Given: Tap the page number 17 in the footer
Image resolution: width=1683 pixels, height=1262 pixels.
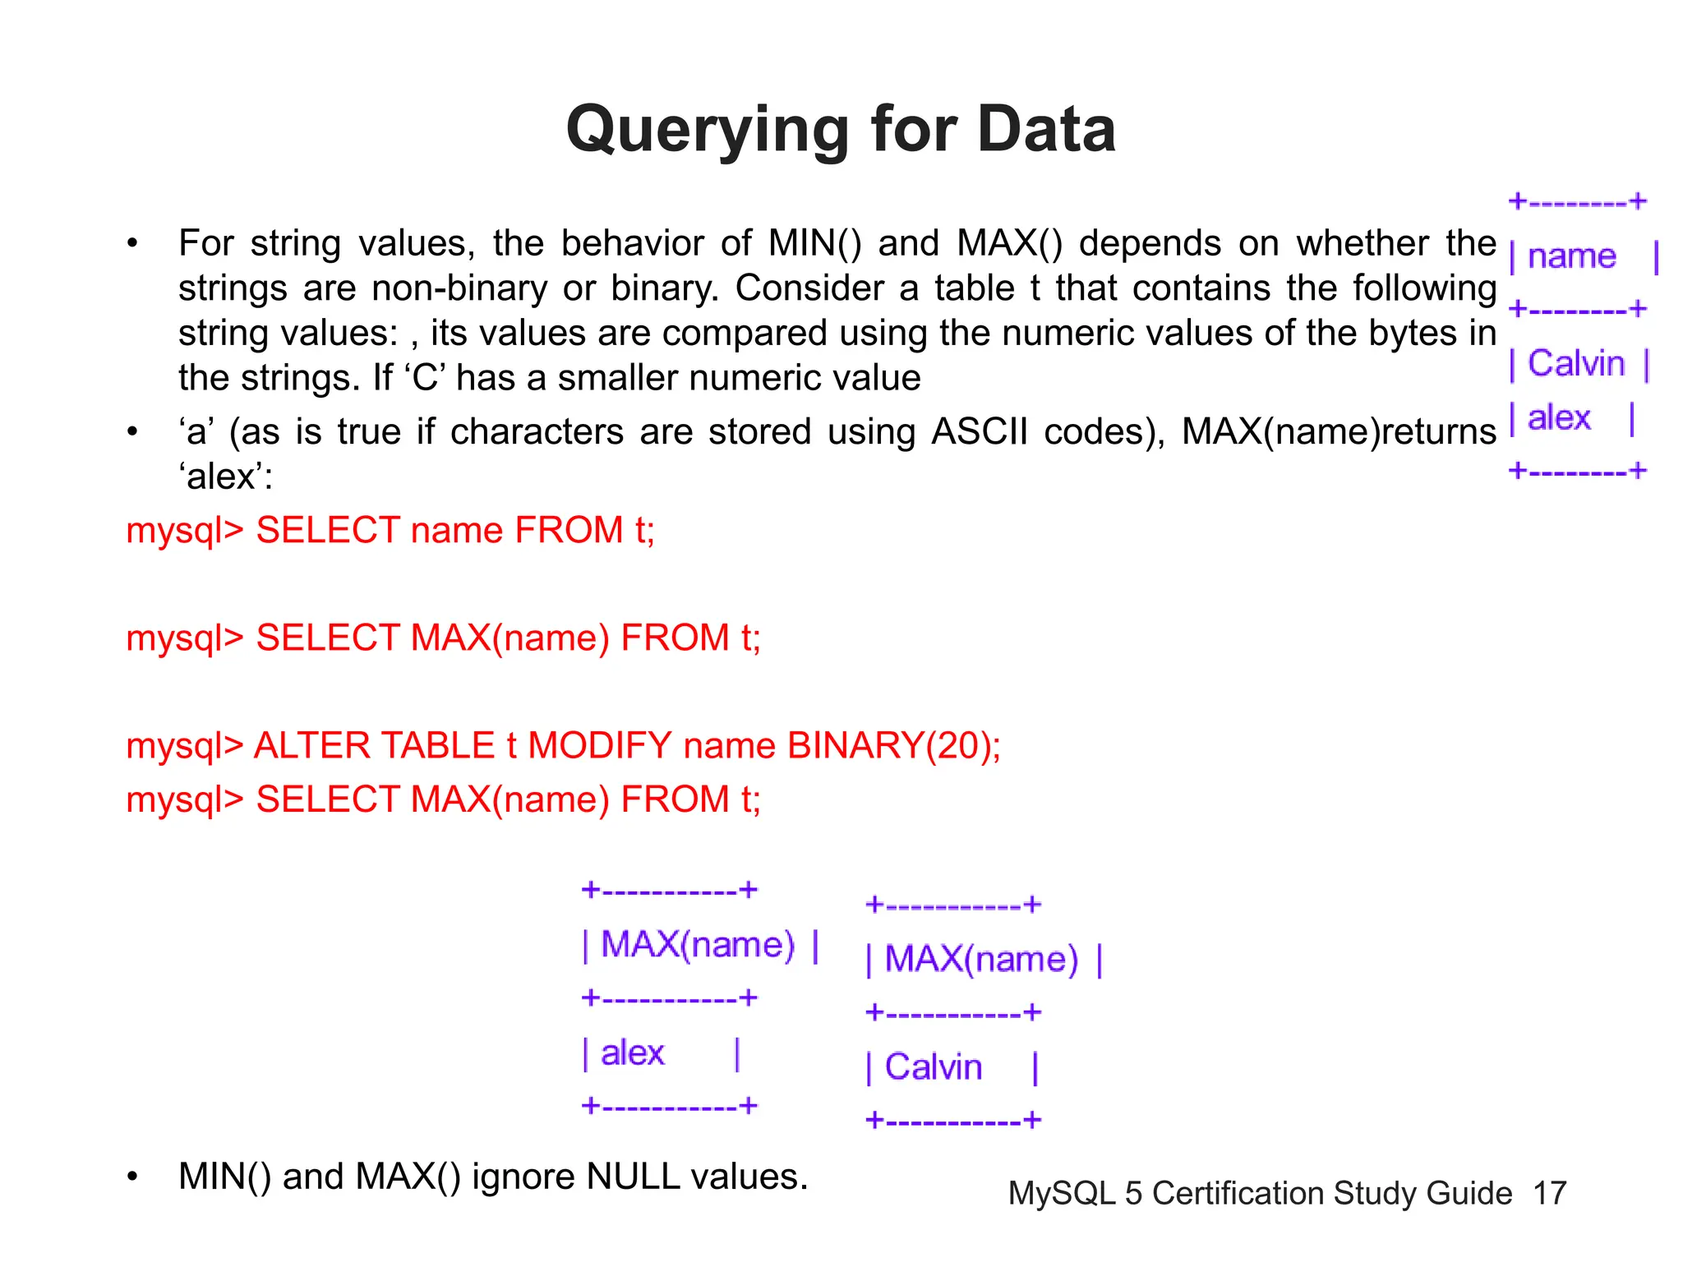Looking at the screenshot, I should pos(1549,1193).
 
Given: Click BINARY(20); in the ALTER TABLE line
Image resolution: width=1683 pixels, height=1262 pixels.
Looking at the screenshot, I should pos(893,746).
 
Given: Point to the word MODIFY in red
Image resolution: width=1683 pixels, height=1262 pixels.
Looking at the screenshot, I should pos(599,746).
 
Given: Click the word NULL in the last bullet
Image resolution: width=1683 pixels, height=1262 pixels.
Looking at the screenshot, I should pos(632,1177).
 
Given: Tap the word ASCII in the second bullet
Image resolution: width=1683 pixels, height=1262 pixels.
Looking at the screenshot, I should pos(979,432).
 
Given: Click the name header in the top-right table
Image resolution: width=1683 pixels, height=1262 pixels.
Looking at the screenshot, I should pos(1571,256).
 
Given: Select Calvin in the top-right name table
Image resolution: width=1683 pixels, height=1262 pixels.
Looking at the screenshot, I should pos(1575,363).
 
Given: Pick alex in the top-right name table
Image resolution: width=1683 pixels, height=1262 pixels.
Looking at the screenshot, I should pos(1558,418).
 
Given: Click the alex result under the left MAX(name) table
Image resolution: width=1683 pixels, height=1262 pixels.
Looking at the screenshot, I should pos(632,1053).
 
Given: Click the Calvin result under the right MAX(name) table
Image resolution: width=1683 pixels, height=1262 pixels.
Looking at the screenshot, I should pos(933,1067).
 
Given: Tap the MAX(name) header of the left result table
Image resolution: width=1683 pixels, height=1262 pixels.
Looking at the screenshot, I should pos(698,945).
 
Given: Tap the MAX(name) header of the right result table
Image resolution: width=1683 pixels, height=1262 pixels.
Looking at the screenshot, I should pos(981,960).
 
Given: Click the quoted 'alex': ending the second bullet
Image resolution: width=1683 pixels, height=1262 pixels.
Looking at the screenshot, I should pos(225,477).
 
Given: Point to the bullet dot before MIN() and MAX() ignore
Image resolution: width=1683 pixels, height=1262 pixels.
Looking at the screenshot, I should pos(132,1177).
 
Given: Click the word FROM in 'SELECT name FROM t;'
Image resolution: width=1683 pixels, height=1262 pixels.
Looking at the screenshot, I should pos(569,530).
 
